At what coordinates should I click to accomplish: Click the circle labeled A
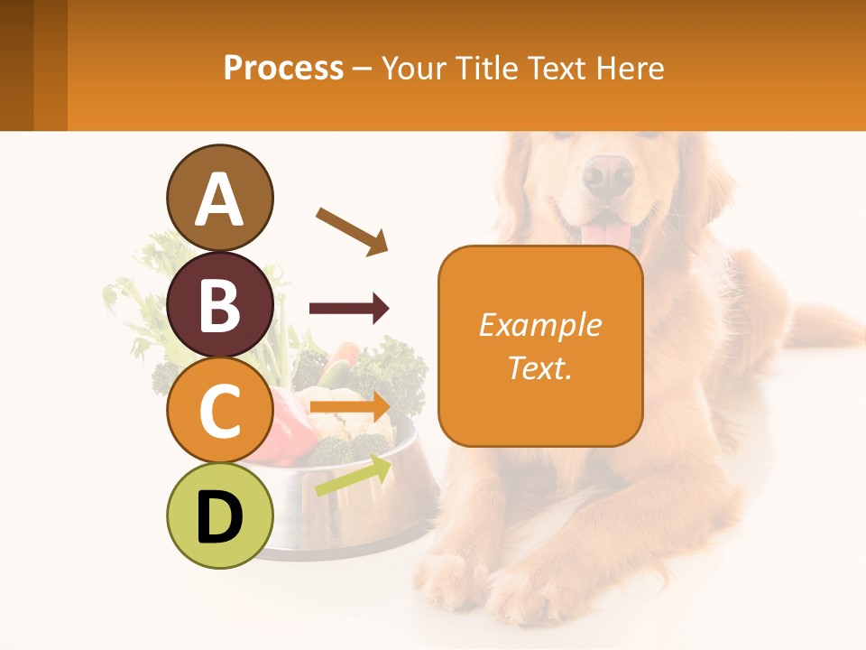[220, 198]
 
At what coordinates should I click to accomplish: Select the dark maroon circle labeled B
[220, 304]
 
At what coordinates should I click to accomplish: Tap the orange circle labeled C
[220, 411]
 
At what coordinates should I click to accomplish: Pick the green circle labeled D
[220, 516]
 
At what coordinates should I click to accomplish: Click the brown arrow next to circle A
[352, 231]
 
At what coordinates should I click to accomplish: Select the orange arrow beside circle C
[350, 406]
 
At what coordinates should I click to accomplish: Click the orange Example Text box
[540, 347]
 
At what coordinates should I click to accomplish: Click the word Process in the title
[283, 69]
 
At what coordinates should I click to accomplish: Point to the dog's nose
[607, 174]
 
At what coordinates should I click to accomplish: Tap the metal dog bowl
[361, 506]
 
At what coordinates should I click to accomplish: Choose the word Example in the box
[540, 325]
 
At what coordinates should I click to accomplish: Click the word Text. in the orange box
[540, 367]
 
